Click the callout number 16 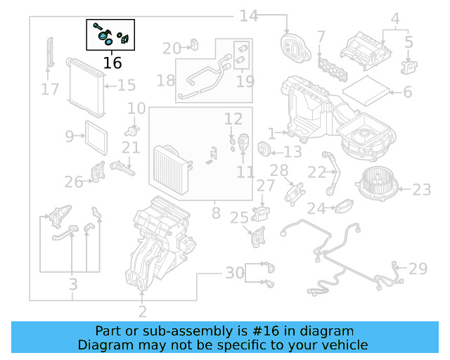[x=112, y=63]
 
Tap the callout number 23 [x=421, y=190]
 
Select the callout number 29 [x=418, y=269]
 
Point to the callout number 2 [x=143, y=311]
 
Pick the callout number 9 [x=68, y=135]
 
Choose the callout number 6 [x=406, y=92]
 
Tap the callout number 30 [x=234, y=272]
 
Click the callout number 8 [x=216, y=211]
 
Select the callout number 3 [x=72, y=284]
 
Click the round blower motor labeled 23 [x=377, y=186]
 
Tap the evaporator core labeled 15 [x=86, y=87]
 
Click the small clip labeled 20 [x=193, y=47]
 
